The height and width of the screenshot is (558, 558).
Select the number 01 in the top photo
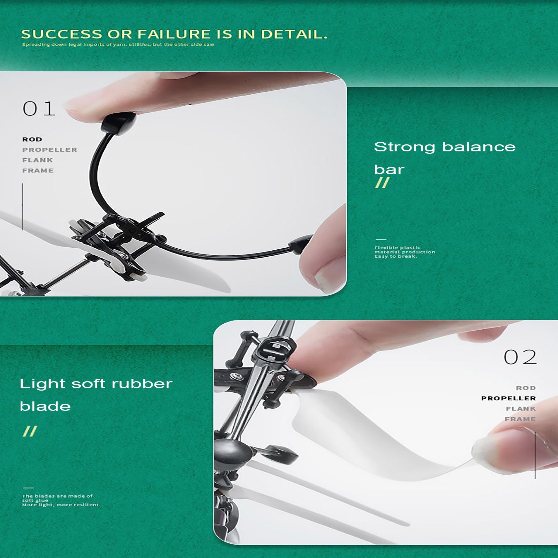(39, 109)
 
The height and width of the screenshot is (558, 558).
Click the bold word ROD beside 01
(32, 139)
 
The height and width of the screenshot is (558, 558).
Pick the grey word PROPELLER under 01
(50, 150)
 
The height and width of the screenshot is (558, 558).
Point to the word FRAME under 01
(38, 171)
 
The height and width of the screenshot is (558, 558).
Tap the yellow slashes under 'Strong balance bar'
(382, 183)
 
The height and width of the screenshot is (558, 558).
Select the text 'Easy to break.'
(395, 256)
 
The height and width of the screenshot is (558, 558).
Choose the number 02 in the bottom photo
(520, 357)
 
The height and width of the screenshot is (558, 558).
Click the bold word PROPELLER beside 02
(508, 398)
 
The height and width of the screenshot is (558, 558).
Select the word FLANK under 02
(521, 409)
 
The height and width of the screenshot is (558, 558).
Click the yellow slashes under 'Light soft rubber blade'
(30, 431)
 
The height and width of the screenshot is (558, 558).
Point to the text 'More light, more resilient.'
(61, 505)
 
